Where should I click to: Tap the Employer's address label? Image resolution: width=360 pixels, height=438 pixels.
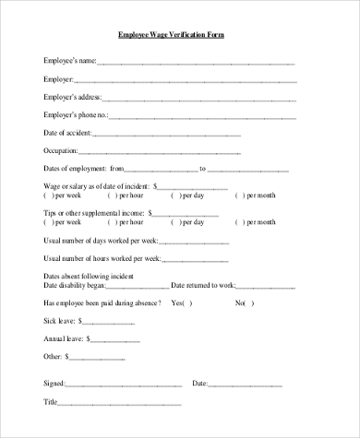coord(73,97)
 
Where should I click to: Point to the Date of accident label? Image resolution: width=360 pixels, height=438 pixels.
coord(67,133)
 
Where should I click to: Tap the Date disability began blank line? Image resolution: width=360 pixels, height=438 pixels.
coord(134,285)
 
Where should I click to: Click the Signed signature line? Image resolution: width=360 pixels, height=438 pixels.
coord(121,383)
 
